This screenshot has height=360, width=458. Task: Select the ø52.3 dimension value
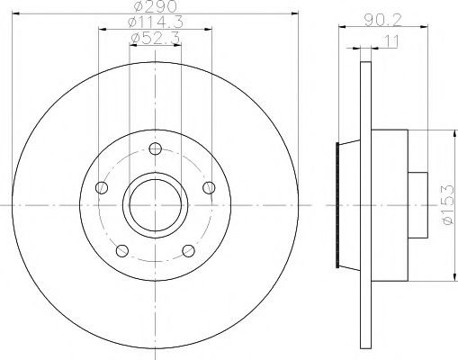tap(155, 38)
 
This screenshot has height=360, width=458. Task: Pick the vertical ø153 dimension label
tap(447, 206)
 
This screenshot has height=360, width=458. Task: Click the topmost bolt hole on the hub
tap(155, 149)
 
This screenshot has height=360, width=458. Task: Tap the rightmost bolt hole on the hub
tap(209, 187)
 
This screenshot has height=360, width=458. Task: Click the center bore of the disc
tap(155, 206)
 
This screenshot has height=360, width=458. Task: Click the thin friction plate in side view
tap(364, 206)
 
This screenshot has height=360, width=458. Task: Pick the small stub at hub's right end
tap(418, 206)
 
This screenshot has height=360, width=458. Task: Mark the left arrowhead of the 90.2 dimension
tap(342, 30)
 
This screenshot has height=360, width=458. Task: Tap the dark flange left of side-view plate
tap(339, 206)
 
